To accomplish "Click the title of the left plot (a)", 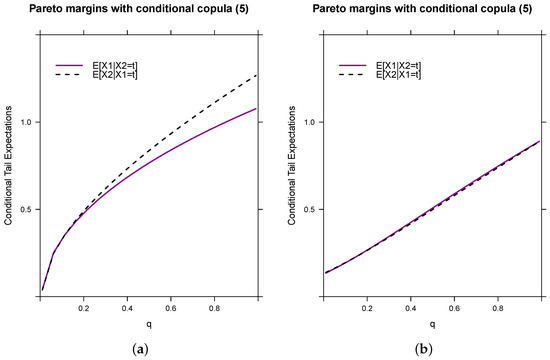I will pyautogui.click(x=147, y=12).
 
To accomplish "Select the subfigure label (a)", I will pyautogui.click(x=147, y=348).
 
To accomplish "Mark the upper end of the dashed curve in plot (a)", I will pyautogui.click(x=257, y=75).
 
